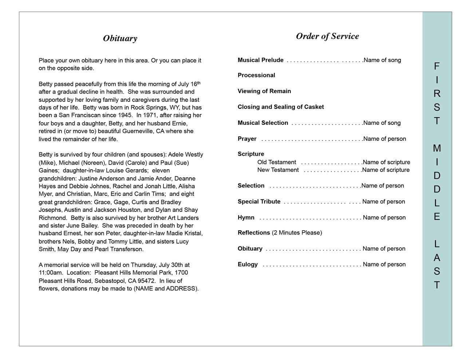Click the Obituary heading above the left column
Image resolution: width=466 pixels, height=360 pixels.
coord(120,39)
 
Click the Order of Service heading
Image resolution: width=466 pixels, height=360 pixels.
coord(327,36)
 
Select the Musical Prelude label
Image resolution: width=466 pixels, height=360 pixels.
coord(260,60)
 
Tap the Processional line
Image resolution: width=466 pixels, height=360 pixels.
coord(256,75)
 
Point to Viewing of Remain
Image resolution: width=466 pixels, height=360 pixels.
coord(264,91)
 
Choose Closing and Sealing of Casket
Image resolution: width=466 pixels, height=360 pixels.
coord(280,107)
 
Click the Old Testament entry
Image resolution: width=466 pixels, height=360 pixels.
coord(276,162)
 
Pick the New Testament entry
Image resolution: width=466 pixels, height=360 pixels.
coord(278,170)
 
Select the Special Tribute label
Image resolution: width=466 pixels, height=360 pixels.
coord(259,202)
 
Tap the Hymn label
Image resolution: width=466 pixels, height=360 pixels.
coord(246,218)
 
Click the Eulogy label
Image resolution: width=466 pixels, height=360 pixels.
coord(248,265)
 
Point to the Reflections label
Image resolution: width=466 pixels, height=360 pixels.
coord(254,233)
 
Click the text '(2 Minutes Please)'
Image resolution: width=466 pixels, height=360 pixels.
coord(297,233)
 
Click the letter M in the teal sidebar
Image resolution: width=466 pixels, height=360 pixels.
coord(437,149)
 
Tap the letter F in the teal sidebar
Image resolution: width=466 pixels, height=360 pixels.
coord(437,66)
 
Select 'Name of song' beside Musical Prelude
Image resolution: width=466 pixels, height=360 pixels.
coord(382,60)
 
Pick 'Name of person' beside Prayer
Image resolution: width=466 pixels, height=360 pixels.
coord(384,139)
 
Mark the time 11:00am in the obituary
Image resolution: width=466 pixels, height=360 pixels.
coord(50,273)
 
